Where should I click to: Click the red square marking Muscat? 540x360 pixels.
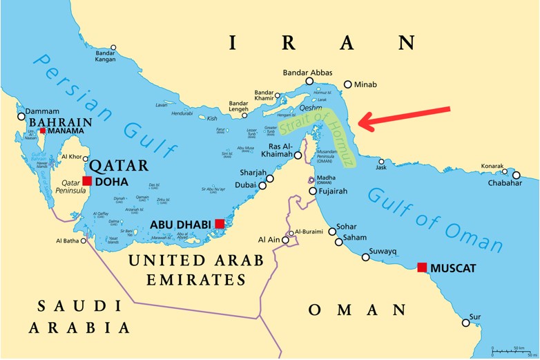click(422, 267)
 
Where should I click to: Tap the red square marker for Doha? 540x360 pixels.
click(87, 181)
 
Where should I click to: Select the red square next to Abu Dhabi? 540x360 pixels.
click(220, 223)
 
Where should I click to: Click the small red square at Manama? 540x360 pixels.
click(42, 130)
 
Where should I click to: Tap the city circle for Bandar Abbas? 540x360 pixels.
click(309, 81)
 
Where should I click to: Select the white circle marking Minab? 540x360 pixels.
click(348, 84)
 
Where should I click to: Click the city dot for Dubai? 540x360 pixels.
click(262, 185)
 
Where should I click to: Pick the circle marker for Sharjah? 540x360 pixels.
click(270, 178)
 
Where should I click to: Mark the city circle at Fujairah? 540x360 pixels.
click(313, 191)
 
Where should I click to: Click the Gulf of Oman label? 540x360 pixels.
click(434, 218)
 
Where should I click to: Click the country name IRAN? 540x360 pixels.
click(324, 44)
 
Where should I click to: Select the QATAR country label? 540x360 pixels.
click(118, 165)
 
